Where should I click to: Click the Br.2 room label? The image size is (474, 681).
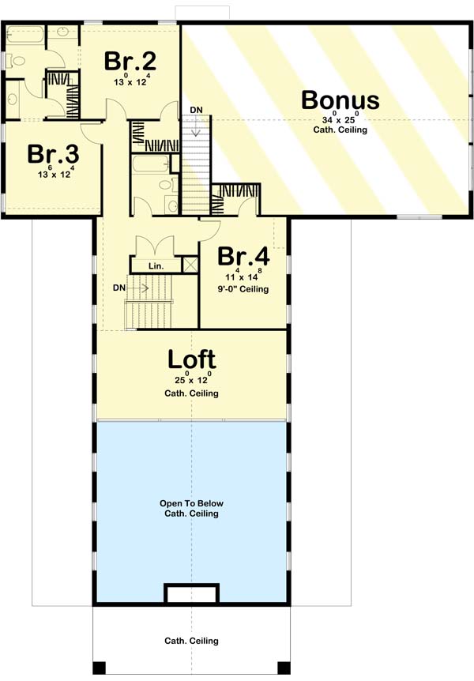coord(130,61)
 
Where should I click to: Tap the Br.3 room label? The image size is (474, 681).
coord(53,154)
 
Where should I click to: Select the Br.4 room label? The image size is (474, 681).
coord(243,256)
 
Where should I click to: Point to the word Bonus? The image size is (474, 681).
coord(340,100)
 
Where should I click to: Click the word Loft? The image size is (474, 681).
coord(192,359)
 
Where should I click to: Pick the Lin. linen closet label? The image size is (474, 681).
coord(156,265)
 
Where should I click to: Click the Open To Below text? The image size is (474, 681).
coord(192,503)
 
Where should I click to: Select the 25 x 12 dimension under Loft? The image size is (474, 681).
coord(192,379)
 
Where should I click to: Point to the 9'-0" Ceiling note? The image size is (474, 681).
coord(243,289)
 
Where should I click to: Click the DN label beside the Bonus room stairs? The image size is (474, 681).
coord(197,110)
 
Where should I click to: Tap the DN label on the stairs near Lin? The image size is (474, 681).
coord(119,288)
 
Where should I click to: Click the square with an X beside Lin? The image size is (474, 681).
coord(190,265)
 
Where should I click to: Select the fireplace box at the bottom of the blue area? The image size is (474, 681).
coord(191,593)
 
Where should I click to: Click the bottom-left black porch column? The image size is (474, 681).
coord(99,668)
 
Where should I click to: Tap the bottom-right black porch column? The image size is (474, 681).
coord(284,668)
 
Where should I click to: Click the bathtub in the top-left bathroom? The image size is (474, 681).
coord(25,34)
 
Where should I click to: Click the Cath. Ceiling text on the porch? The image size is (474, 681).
coord(192,641)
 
